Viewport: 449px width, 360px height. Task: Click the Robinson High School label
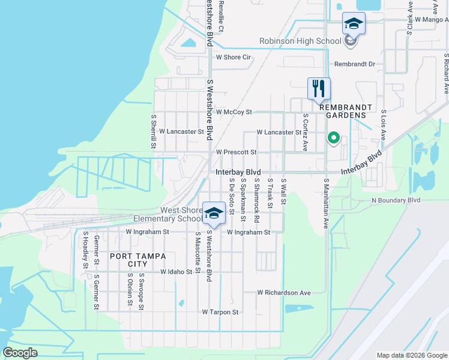coord(300,41)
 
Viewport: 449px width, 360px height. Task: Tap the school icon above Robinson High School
coord(354,25)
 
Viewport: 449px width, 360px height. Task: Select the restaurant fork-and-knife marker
coord(319,89)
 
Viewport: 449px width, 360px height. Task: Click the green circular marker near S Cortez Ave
coord(333,139)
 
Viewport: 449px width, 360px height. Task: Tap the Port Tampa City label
coord(129,260)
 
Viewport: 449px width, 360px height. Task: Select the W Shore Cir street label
coord(233,58)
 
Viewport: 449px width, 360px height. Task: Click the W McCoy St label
coord(234,112)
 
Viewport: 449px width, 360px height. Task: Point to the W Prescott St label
coord(236,152)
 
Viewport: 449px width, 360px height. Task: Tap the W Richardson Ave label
coord(284,293)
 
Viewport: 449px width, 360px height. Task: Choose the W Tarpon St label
coord(220,313)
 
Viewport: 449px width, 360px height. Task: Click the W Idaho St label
coord(176,272)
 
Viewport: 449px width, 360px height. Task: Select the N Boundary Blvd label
coord(396,200)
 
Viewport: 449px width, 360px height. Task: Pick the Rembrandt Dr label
coord(354,64)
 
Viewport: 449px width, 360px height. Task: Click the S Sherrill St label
coord(154,132)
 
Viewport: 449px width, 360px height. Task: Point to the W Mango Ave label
coord(428,19)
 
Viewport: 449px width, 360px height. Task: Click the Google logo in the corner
coord(20,353)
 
